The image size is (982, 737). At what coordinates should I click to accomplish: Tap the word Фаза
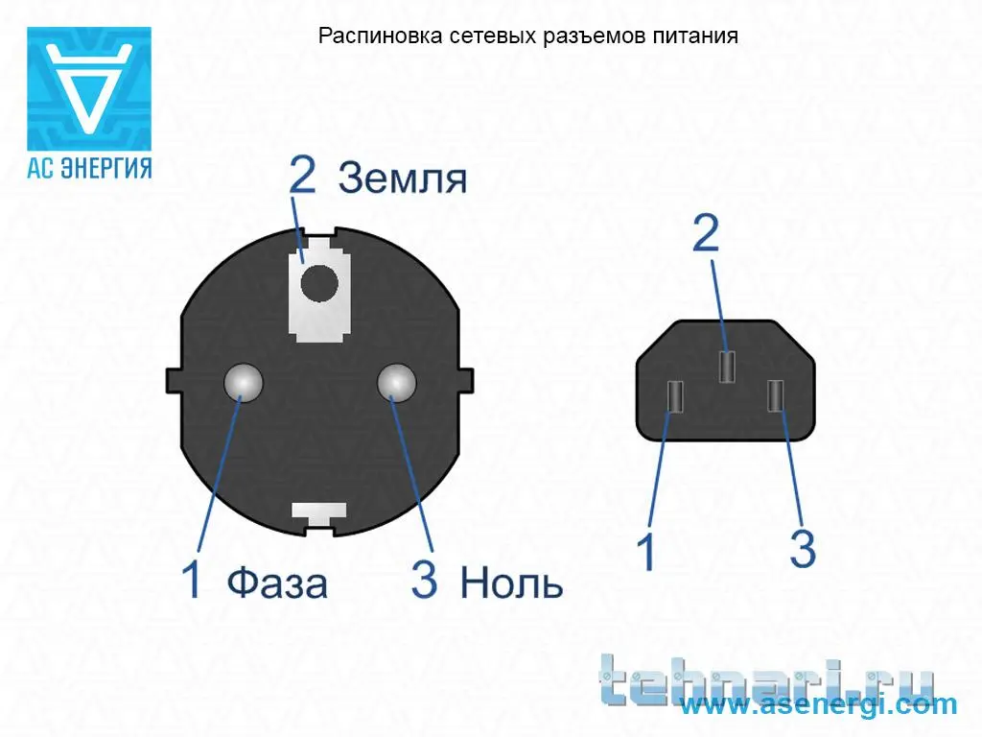tap(277, 582)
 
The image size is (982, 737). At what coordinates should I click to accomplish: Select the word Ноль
tap(511, 582)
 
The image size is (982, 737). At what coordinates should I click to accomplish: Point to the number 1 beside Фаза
tap(192, 579)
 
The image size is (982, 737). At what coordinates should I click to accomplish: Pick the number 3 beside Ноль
tap(424, 579)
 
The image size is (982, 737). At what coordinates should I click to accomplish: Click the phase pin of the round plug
tap(244, 382)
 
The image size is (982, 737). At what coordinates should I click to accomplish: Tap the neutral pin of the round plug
tap(396, 382)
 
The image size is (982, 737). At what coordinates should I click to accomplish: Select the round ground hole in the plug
tap(318, 284)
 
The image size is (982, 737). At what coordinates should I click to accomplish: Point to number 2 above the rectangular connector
tap(706, 233)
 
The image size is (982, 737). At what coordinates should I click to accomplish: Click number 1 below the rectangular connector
tap(645, 552)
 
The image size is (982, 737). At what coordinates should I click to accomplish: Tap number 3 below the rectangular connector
tap(803, 549)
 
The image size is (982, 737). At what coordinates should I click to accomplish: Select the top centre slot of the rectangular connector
tap(727, 367)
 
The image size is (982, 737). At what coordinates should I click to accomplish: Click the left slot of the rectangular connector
tap(675, 396)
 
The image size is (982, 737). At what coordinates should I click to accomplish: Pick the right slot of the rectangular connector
tap(775, 396)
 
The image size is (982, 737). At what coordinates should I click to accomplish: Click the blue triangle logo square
tap(89, 88)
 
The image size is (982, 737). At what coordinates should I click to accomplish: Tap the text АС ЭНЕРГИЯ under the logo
tap(89, 168)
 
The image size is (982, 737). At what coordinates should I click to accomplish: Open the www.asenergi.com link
tap(819, 704)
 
